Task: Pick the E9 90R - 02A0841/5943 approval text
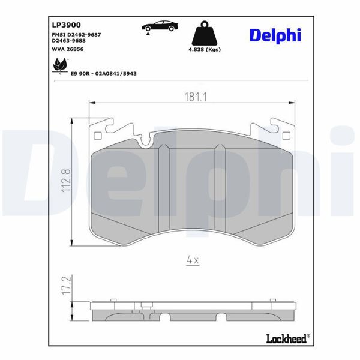pyautogui.click(x=104, y=73)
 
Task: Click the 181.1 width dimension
pyautogui.click(x=192, y=96)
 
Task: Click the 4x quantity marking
pyautogui.click(x=192, y=260)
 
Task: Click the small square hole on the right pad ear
pyautogui.click(x=285, y=134)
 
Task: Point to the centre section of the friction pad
pyautogui.click(x=192, y=186)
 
